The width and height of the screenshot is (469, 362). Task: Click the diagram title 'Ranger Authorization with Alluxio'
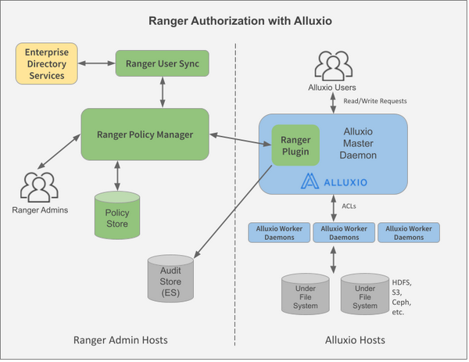point(234,20)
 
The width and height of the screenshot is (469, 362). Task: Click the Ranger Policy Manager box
point(145,134)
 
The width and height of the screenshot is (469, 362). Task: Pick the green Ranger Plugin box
point(295,145)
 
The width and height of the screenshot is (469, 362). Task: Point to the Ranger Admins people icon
point(37,188)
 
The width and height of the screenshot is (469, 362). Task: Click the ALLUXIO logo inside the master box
point(334,181)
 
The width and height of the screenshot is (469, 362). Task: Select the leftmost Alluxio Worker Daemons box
point(279,232)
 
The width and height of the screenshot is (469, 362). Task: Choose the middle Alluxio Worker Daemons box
point(344,232)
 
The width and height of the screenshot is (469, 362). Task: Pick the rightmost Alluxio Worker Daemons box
point(409,232)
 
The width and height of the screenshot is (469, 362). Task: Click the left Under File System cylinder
point(306,295)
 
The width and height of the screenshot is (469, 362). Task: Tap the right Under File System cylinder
point(364,295)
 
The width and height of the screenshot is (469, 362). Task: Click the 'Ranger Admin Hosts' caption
point(120,341)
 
